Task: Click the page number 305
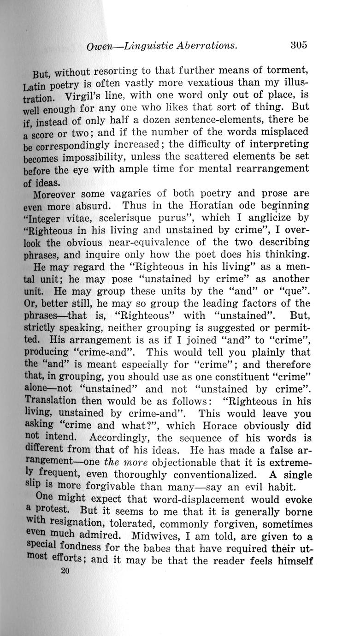299,45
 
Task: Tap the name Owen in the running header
101,46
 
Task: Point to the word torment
285,71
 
